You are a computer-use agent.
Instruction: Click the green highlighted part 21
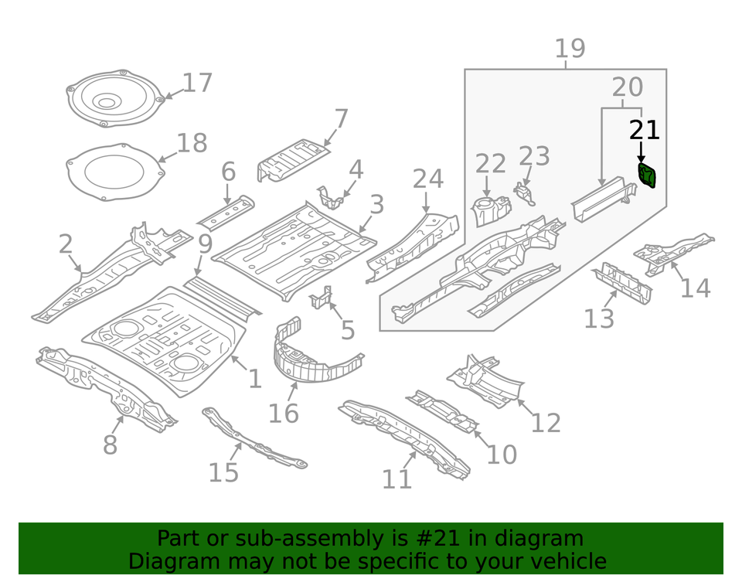pos(646,175)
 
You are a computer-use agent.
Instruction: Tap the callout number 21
pos(644,131)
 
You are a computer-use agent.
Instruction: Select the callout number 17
pos(197,83)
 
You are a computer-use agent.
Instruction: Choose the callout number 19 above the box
pos(570,49)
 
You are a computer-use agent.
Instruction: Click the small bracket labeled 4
pos(331,197)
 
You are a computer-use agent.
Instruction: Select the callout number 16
pos(283,414)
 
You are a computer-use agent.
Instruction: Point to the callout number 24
pos(427,179)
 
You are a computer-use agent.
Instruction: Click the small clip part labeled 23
pos(526,192)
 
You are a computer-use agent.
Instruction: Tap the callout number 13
pos(599,318)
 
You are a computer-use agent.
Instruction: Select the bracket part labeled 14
pos(671,252)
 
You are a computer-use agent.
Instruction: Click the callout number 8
pos(110,445)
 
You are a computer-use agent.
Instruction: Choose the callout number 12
pos(545,423)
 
